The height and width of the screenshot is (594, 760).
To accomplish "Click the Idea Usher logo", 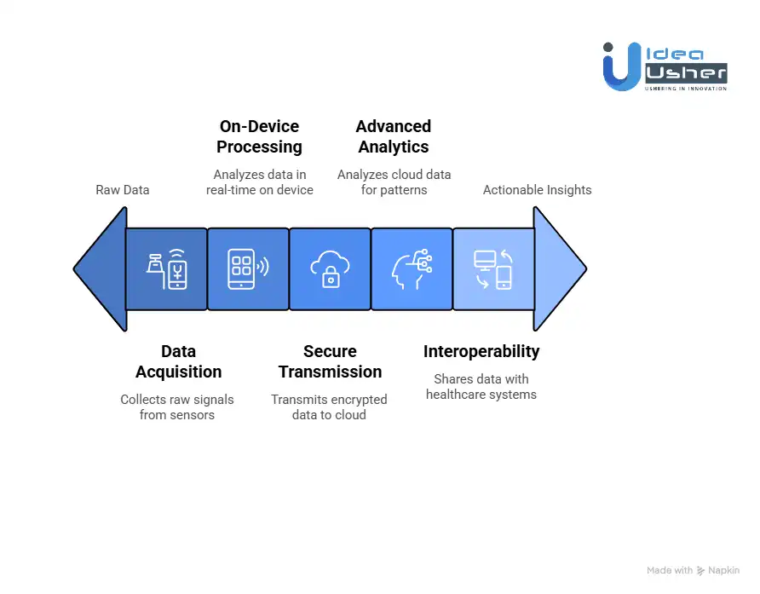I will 665,66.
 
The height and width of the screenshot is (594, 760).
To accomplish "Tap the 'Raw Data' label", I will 122,189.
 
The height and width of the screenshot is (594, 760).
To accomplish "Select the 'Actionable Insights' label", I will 537,189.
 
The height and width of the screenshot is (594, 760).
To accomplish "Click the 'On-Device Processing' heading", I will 259,136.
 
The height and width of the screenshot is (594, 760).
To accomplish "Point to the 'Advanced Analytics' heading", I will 393,136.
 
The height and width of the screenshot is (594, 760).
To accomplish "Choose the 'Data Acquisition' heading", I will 178,361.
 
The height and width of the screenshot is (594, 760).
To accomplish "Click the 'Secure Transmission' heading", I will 330,361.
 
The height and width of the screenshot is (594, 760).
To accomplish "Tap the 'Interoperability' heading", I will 481,351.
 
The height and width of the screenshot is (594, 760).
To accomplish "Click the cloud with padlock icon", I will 330,268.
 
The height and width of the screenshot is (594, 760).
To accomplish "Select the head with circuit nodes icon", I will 412,268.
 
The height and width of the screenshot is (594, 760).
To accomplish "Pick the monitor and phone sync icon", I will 492,268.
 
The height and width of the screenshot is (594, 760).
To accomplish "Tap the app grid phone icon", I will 248,268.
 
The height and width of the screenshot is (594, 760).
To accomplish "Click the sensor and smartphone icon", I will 166,268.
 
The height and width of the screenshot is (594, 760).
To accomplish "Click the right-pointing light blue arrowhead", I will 559,268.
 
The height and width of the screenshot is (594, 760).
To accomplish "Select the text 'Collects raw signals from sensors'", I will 176,407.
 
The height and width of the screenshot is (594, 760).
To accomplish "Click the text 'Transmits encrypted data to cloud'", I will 329,407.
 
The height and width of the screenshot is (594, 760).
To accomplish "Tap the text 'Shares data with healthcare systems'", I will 481,387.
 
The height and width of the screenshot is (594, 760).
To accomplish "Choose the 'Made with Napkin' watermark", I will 693,570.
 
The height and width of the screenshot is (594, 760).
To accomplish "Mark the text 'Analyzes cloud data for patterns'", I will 394,182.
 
